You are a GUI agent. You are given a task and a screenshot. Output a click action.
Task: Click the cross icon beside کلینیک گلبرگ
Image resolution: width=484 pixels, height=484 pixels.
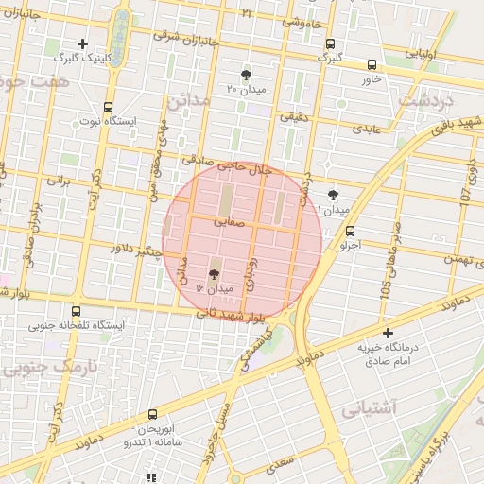pos(83,43)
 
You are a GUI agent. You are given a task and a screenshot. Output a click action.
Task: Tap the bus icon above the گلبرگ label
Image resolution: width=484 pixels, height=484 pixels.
pos(330,43)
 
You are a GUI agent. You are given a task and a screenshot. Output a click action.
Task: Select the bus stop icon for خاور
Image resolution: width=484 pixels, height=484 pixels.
pos(372,65)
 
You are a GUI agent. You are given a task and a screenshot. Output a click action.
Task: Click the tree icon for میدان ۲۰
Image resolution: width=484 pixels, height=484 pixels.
pos(247,75)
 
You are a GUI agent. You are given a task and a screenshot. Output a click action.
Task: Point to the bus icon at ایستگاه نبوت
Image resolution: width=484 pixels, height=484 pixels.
pos(108,107)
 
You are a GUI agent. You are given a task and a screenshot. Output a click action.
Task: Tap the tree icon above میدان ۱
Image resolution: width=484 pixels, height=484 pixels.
pos(332,194)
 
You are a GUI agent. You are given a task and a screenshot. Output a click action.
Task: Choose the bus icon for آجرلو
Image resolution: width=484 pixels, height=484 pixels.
pos(351,231)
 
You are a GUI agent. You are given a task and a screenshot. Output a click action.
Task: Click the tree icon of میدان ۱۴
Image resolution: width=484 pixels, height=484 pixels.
pos(213,272)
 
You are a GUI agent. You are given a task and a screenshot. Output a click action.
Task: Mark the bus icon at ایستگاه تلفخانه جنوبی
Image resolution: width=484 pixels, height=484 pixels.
pos(76,311)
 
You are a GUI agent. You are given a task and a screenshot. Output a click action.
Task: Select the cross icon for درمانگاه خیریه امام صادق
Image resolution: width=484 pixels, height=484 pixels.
pos(388,333)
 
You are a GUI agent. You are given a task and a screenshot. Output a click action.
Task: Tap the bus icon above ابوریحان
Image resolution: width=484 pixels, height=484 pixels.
pos(153,413)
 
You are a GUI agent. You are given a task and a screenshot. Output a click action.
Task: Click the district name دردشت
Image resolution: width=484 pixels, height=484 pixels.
pos(426,98)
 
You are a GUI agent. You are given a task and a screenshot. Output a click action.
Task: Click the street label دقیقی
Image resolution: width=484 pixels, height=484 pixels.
pos(292,117)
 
